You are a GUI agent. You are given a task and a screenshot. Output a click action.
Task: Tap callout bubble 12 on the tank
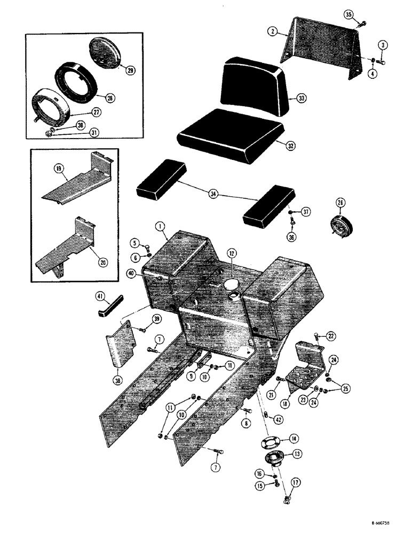pyautogui.click(x=231, y=254)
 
